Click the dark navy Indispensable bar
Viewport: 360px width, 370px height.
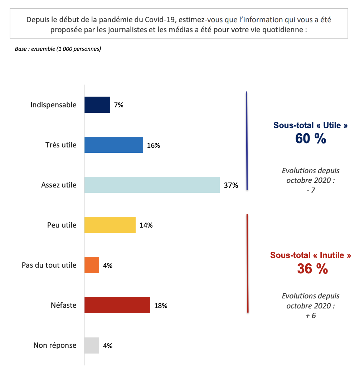tap(97, 105)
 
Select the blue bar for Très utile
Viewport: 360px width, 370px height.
tap(114, 145)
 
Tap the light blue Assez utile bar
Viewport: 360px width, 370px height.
tap(152, 185)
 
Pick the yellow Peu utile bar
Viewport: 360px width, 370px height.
tap(110, 225)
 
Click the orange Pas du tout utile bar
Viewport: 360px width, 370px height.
tap(92, 265)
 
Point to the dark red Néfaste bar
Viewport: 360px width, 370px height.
tap(117, 305)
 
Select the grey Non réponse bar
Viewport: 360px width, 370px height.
tap(92, 346)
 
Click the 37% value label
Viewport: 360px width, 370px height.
tap(231, 185)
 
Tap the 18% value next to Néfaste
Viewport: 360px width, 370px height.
tap(161, 306)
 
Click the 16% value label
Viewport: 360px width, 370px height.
tap(153, 145)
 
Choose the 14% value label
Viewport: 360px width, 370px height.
tap(146, 225)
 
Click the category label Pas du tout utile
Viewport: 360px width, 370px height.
tap(49, 265)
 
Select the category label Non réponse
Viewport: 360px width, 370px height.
tap(55, 345)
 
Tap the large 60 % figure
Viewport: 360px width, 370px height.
tap(311, 139)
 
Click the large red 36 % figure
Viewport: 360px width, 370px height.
tap(312, 269)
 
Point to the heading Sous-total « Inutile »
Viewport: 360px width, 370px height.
tap(311, 255)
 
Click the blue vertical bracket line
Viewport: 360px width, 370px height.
tap(247, 141)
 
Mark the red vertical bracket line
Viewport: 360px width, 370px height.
tap(247, 263)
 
